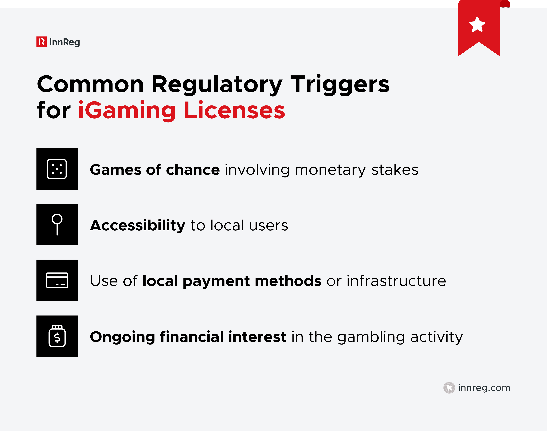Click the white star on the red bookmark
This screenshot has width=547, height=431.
(x=477, y=25)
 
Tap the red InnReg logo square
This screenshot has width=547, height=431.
(x=41, y=42)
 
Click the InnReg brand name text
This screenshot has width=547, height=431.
(x=65, y=42)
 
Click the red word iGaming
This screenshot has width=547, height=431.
(x=127, y=110)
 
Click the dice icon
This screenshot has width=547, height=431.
(x=57, y=169)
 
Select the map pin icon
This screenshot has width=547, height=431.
(x=57, y=224)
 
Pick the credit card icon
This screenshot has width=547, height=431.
(x=57, y=280)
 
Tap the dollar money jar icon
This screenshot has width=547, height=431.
(x=57, y=336)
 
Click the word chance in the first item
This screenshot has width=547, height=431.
(x=193, y=170)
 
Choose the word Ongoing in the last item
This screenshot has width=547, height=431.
(x=122, y=337)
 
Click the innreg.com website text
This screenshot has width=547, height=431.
(x=484, y=388)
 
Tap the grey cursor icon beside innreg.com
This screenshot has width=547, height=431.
(x=449, y=388)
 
